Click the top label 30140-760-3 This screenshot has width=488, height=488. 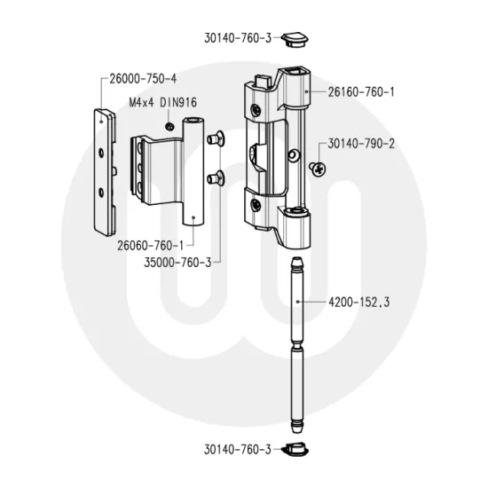tap(236, 38)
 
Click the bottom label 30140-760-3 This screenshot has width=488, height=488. tap(236, 451)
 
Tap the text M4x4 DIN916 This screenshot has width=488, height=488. tap(167, 104)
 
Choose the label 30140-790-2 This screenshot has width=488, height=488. tap(361, 143)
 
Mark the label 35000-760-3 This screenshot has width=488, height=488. tap(177, 262)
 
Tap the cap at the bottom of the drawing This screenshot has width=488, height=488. tap(295, 450)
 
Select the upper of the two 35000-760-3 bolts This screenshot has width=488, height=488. tap(214, 138)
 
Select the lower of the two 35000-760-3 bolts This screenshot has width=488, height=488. tap(215, 178)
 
